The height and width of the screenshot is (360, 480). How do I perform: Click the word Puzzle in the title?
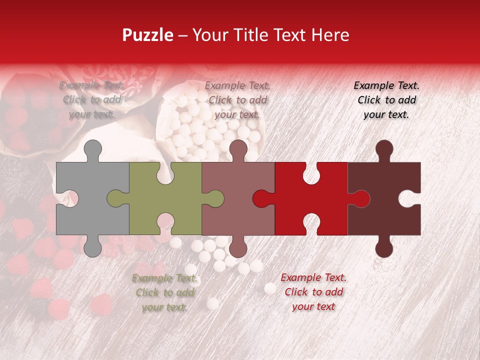[147, 35]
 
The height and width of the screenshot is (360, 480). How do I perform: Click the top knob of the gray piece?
[92, 149]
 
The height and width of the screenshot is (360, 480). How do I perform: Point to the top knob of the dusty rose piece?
[238, 149]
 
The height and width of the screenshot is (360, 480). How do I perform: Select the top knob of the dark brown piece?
[384, 149]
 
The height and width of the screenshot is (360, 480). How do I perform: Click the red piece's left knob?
[261, 198]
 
